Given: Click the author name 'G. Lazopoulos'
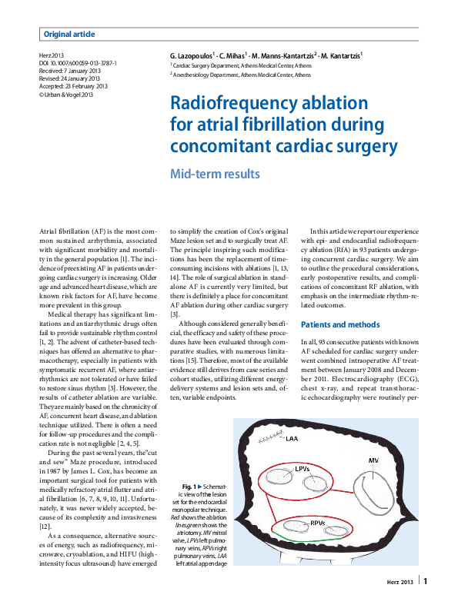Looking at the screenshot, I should [191, 56].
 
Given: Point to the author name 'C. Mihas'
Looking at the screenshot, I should [233, 56].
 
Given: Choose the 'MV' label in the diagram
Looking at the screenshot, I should [373, 460].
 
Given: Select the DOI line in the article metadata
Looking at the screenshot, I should [78, 63].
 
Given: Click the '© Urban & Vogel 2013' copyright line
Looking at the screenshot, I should [66, 94].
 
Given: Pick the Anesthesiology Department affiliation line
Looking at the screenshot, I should [240, 76].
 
